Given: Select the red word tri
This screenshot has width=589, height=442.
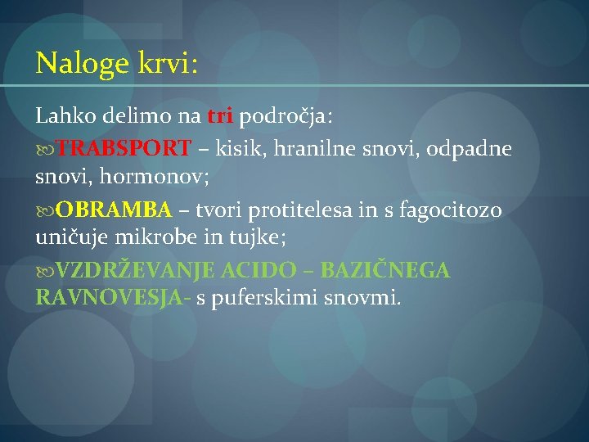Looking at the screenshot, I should click(x=221, y=117).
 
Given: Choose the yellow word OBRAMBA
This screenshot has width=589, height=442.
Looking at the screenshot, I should click(x=115, y=210).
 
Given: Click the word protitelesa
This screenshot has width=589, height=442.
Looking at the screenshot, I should click(x=302, y=210).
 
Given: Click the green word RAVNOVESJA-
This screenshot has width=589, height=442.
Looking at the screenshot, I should click(x=114, y=299).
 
